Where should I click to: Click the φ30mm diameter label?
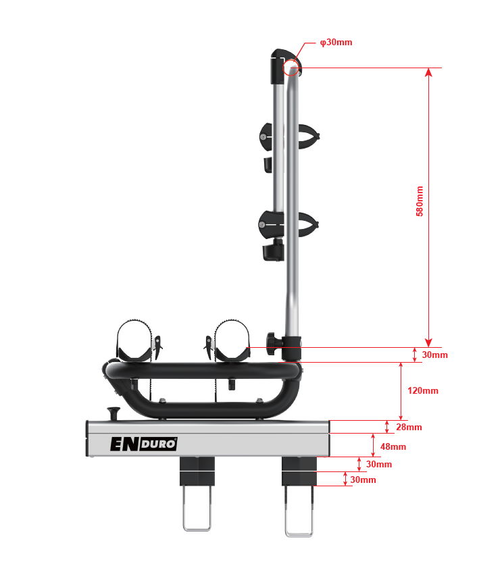tap(336, 42)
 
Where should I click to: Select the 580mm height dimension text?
tap(420, 201)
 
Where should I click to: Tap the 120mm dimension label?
tap(423, 391)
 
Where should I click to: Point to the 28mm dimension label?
tap(409, 427)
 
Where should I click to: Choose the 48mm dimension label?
tap(393, 446)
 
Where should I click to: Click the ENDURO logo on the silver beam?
tap(144, 444)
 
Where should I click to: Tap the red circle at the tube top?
tap(291, 67)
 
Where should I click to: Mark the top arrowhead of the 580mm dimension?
tap(428, 72)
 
